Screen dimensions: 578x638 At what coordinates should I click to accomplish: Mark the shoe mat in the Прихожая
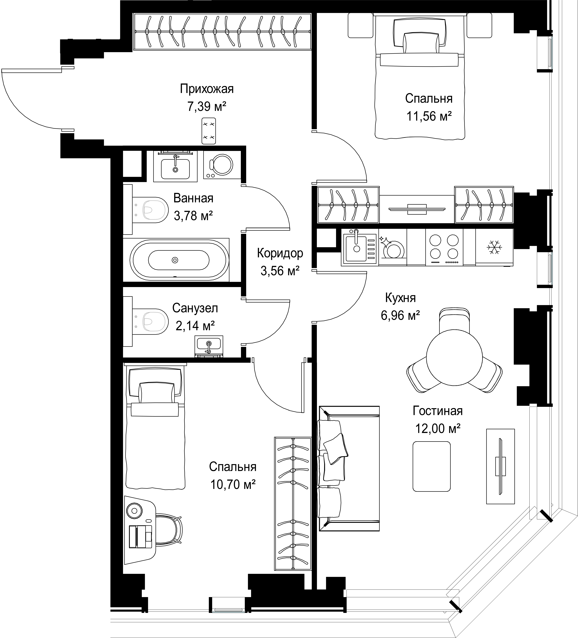pyautogui.click(x=209, y=131)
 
